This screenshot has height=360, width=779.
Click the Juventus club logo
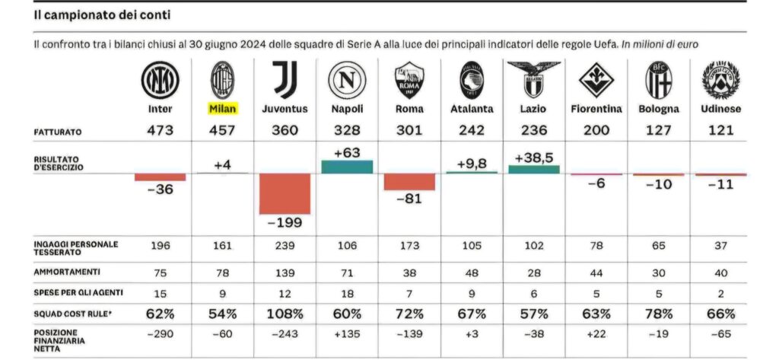(x=285, y=79)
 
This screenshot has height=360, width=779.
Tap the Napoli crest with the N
(x=347, y=79)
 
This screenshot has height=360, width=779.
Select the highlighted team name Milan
(x=223, y=108)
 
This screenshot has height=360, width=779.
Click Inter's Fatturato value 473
(x=161, y=130)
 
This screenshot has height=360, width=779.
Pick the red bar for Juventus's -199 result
(x=285, y=193)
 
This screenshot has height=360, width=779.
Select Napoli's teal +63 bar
(x=347, y=167)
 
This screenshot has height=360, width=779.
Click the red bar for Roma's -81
(x=409, y=182)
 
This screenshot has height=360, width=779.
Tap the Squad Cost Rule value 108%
(x=285, y=314)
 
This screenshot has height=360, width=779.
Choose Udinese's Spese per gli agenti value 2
(x=721, y=293)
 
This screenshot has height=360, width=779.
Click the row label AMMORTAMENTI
(x=68, y=270)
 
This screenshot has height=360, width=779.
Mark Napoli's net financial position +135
(x=347, y=336)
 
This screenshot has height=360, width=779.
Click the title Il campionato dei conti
(x=102, y=14)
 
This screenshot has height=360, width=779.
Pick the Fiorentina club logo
(x=596, y=79)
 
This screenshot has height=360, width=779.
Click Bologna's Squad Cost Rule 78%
(x=659, y=314)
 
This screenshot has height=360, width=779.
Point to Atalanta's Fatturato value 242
(x=472, y=130)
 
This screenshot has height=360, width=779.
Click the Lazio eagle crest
(x=534, y=79)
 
